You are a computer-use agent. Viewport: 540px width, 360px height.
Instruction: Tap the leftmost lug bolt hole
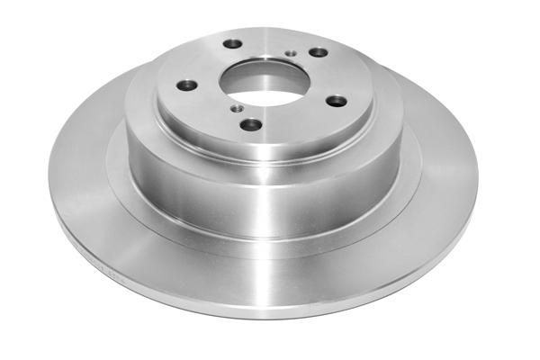click(x=186, y=85)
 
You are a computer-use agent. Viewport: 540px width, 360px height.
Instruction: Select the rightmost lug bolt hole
click(x=336, y=100)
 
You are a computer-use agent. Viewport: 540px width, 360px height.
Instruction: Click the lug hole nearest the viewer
click(x=252, y=124)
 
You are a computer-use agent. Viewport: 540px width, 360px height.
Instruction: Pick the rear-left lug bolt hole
click(x=233, y=43)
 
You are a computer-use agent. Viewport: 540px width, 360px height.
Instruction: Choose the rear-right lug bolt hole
click(x=319, y=52)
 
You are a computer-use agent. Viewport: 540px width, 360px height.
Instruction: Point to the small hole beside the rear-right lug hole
click(x=289, y=53)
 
